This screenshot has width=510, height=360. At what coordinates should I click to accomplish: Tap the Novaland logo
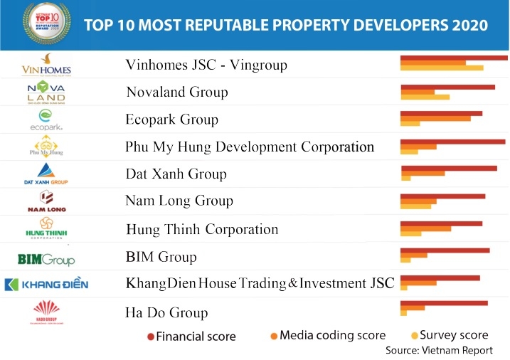[x=46, y=92]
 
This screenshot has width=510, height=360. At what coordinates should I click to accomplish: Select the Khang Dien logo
[x=46, y=285]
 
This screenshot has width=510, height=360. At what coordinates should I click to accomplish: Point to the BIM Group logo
[x=46, y=258]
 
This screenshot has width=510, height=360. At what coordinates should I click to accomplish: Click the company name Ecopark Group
[x=171, y=120]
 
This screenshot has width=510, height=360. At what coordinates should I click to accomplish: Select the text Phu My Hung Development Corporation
[x=249, y=147]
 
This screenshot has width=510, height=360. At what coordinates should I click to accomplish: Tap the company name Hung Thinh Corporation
[x=201, y=229]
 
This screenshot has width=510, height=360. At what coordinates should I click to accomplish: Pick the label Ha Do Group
[x=166, y=312]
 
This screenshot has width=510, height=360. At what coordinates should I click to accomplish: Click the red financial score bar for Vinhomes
[x=454, y=57]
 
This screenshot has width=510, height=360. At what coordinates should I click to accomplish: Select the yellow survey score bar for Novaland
[x=425, y=97]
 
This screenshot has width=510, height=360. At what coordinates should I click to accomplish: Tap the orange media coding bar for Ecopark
[x=435, y=118]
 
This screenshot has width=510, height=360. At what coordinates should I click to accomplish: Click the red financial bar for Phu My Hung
[x=452, y=141]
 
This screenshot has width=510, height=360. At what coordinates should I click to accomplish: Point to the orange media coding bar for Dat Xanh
[x=423, y=173]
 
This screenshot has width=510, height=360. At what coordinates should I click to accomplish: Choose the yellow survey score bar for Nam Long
[x=416, y=206]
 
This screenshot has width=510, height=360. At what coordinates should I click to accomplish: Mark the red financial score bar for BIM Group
[x=445, y=250]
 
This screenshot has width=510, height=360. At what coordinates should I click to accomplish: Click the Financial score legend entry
[x=191, y=337]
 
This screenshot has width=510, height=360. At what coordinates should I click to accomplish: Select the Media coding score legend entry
[x=328, y=335]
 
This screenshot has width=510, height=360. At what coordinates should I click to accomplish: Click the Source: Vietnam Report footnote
[x=438, y=350]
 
